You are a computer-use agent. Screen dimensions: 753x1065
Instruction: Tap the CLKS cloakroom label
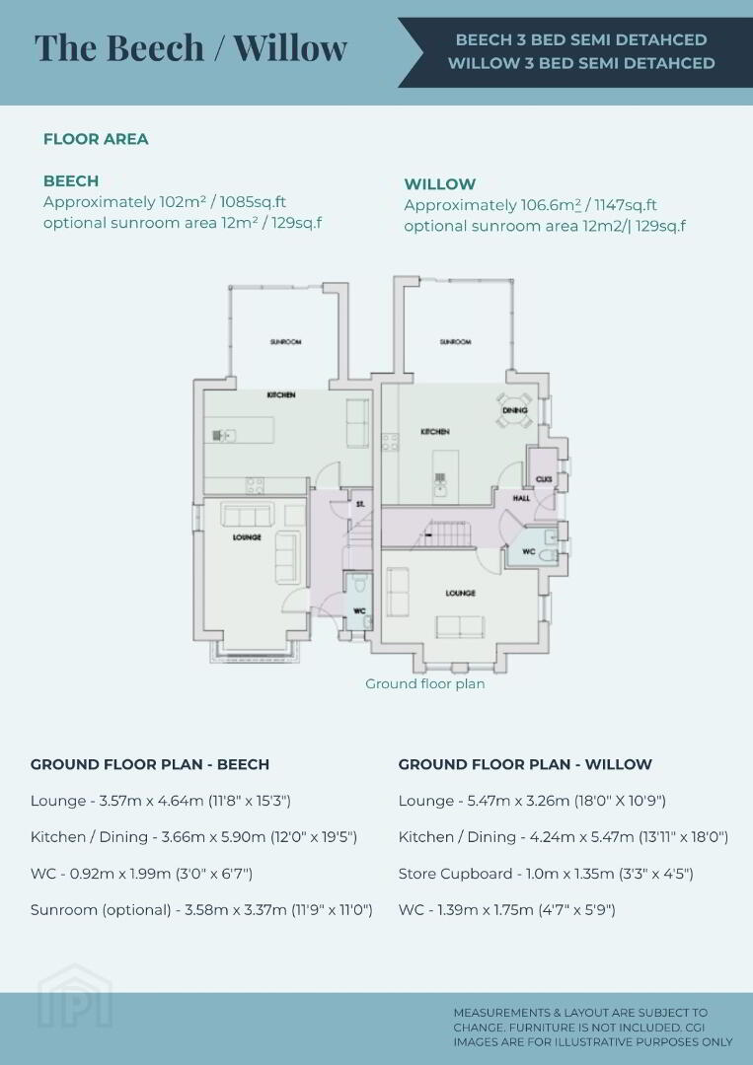(x=544, y=479)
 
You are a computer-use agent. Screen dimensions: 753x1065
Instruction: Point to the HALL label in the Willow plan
(x=521, y=498)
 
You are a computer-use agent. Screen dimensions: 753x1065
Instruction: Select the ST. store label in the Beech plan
(x=360, y=504)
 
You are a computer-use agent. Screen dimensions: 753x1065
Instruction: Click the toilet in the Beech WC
(x=359, y=584)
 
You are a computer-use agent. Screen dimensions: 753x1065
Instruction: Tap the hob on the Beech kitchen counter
(x=255, y=485)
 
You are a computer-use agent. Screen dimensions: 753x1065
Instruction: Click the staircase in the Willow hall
(x=446, y=533)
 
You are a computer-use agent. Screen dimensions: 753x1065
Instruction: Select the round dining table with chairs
(x=514, y=410)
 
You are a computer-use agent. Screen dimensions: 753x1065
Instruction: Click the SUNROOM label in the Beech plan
(x=285, y=341)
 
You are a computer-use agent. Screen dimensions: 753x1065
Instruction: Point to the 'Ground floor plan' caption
(x=425, y=683)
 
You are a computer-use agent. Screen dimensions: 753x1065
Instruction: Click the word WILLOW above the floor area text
(x=440, y=184)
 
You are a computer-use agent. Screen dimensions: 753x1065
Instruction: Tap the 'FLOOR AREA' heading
(x=96, y=139)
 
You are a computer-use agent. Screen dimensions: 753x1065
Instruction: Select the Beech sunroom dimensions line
(x=201, y=909)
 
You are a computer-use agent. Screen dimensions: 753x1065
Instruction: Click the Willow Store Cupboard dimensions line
(x=546, y=874)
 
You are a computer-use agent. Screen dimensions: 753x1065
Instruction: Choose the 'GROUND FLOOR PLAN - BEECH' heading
(x=150, y=764)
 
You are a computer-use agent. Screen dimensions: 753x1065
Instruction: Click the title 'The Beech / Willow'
(x=191, y=47)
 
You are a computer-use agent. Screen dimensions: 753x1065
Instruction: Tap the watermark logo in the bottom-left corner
(x=75, y=996)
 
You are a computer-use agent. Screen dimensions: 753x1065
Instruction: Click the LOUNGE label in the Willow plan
(x=460, y=593)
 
